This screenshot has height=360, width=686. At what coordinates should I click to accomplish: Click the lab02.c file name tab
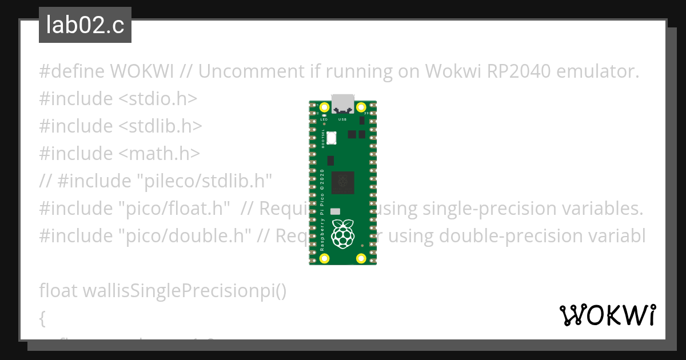point(85,26)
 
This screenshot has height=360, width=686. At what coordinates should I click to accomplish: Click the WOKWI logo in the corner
point(607,315)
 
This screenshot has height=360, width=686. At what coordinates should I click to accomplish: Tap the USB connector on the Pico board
point(343,103)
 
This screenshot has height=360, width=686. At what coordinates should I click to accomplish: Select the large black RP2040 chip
point(343,182)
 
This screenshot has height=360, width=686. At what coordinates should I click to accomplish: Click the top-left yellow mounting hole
point(325,107)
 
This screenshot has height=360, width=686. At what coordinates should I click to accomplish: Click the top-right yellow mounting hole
point(361,107)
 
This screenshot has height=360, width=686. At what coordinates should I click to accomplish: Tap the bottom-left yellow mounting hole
point(325,258)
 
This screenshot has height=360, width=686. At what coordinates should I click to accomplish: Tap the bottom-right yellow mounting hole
point(361,258)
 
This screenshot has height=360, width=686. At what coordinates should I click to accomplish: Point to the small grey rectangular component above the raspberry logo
point(336,211)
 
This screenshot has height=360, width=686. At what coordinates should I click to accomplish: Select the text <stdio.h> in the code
point(157,99)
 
